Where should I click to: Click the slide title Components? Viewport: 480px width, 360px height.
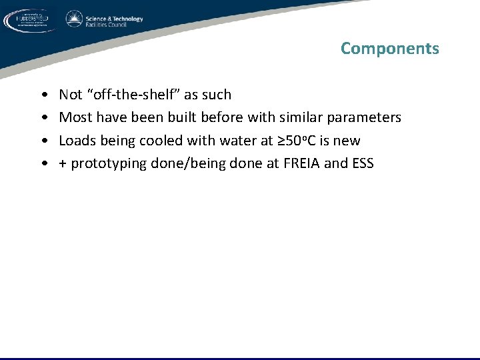tap(389, 49)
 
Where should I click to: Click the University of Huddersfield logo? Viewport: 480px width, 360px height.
tap(30, 21)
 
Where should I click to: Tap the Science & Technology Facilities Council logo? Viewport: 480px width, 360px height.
tap(104, 20)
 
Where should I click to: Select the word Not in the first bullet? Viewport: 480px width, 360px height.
tap(71, 95)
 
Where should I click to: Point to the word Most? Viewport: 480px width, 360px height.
tap(75, 117)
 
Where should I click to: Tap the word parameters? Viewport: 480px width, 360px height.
tap(365, 118)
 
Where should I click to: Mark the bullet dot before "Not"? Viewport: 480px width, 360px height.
tap(43, 95)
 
